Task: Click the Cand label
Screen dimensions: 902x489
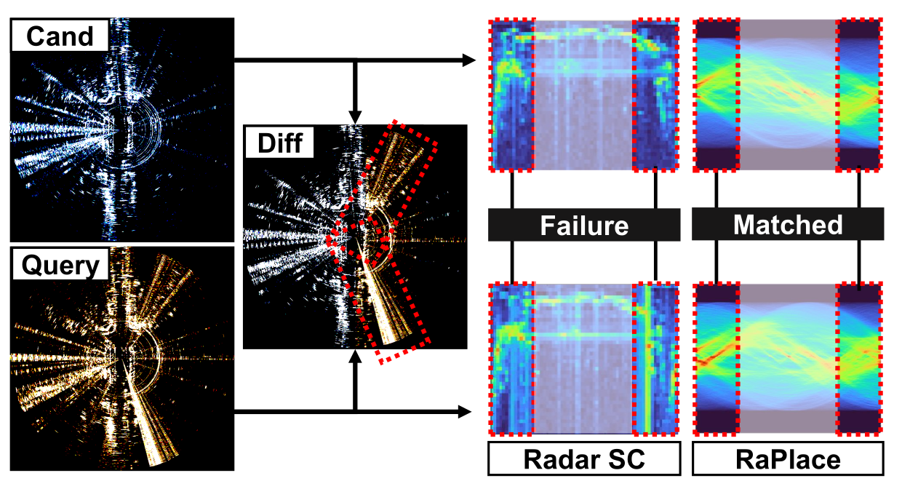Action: pyautogui.click(x=60, y=36)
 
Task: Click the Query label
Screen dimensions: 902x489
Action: pyautogui.click(x=60, y=265)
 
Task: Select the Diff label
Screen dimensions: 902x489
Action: pyautogui.click(x=280, y=143)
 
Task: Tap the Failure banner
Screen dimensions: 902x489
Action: pyautogui.click(x=584, y=225)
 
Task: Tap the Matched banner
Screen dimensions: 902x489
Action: pyautogui.click(x=788, y=224)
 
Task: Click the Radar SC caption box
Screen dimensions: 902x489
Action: pyautogui.click(x=584, y=458)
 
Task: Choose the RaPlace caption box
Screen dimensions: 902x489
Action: pyautogui.click(x=788, y=458)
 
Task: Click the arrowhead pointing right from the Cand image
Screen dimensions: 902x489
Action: pyautogui.click(x=468, y=60)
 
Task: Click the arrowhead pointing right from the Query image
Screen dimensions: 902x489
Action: pyautogui.click(x=465, y=412)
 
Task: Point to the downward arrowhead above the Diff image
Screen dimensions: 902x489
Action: pyautogui.click(x=355, y=118)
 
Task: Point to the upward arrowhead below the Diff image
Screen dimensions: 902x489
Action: pyautogui.click(x=355, y=357)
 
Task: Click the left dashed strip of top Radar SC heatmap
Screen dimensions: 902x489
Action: pyautogui.click(x=512, y=95)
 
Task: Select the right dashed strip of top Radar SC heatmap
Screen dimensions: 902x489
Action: pyautogui.click(x=655, y=95)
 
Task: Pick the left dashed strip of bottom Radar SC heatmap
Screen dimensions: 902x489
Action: pyautogui.click(x=512, y=359)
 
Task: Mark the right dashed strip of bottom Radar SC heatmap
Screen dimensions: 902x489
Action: pyautogui.click(x=655, y=359)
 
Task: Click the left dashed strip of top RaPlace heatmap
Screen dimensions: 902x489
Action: pyautogui.click(x=717, y=95)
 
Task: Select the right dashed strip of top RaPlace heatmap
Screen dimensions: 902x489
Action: pyautogui.click(x=860, y=95)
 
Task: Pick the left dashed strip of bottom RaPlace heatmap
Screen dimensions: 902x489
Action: pyautogui.click(x=717, y=359)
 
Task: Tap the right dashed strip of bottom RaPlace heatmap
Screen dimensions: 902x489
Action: pyautogui.click(x=860, y=359)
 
